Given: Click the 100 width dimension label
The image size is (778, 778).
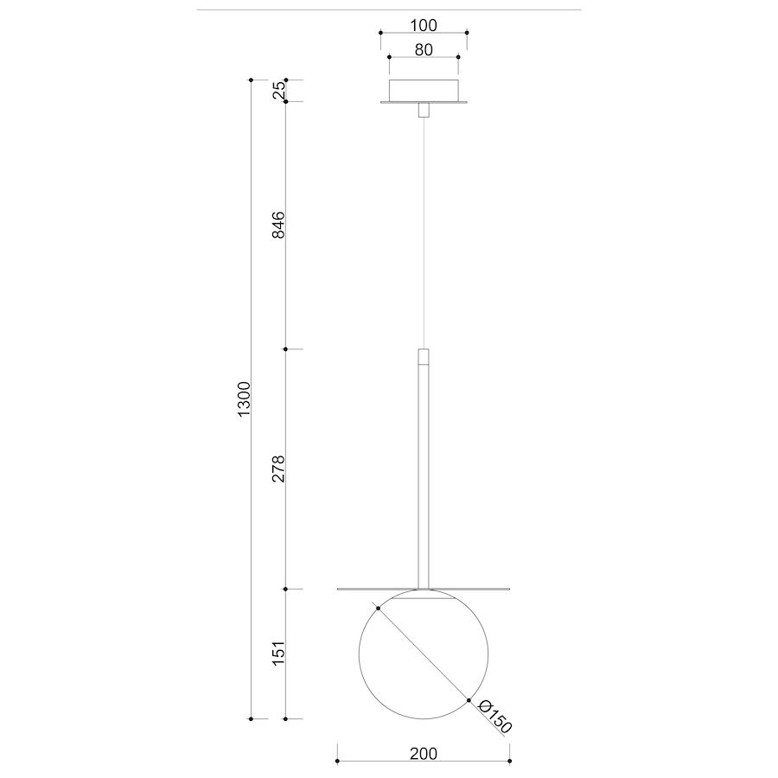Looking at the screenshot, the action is [x=424, y=25].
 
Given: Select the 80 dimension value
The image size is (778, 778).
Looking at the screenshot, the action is [x=424, y=49].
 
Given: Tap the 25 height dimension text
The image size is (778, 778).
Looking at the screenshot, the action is [x=279, y=89].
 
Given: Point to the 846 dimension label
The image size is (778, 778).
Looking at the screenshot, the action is [x=279, y=225].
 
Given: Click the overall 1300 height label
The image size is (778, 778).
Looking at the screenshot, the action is [x=245, y=399].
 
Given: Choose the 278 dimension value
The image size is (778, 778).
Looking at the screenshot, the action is [x=279, y=469].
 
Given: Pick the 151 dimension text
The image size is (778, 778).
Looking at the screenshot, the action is [x=279, y=654].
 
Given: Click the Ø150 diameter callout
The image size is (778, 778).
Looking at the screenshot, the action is [x=494, y=716].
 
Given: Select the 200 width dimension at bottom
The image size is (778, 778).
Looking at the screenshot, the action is [x=424, y=754].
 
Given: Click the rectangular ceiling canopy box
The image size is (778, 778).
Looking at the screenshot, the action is [x=424, y=90].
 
